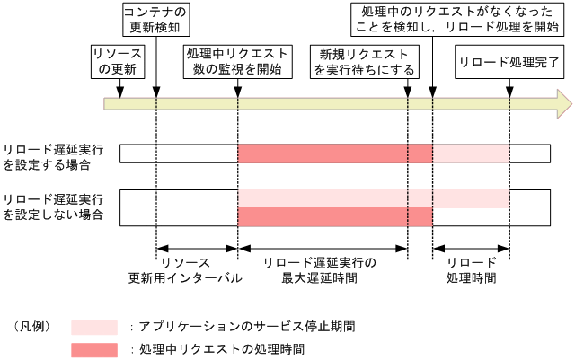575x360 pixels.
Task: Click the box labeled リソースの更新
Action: point(117,61)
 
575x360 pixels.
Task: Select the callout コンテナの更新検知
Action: point(154,20)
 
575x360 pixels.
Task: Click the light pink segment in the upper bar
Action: point(471,154)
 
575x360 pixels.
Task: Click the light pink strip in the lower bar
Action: point(373,198)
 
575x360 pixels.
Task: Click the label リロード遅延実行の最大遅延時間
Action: point(321,269)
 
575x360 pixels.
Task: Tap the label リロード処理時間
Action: point(471,269)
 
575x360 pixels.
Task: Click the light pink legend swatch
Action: point(94,327)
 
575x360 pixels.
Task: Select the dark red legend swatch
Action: point(94,349)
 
